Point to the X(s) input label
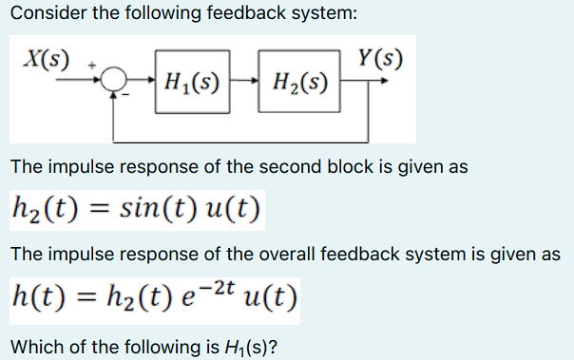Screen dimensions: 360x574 point(47,57)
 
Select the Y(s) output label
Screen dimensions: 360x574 point(379,57)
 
